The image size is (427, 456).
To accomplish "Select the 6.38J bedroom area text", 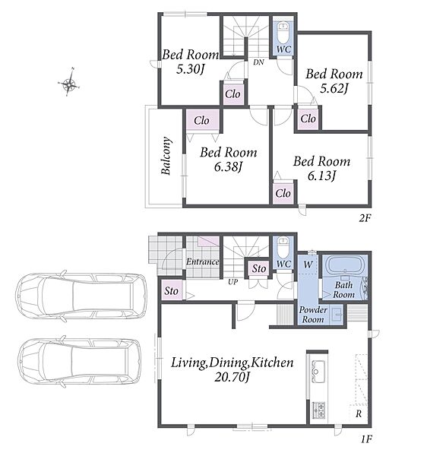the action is (x=228, y=167).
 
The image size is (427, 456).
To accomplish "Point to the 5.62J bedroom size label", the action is (x=334, y=88).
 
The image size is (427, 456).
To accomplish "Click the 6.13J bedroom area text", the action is (x=321, y=176).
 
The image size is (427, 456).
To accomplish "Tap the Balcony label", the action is (x=166, y=156).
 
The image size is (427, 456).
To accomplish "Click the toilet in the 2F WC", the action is (x=283, y=33).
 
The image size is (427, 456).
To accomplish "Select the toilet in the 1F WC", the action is (x=283, y=246).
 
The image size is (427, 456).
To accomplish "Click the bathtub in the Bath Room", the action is (x=345, y=265).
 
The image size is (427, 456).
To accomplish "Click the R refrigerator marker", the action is (x=359, y=413).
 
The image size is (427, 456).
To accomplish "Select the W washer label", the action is (x=308, y=264).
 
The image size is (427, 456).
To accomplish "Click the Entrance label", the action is (x=203, y=261).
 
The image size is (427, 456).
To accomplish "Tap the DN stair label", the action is (x=258, y=62).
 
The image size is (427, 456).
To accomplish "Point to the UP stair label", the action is (x=232, y=282).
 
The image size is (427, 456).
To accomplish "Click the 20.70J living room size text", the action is (x=232, y=377).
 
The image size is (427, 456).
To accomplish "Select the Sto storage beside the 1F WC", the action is (x=259, y=268).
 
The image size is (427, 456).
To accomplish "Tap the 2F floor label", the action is (x=365, y=218).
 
